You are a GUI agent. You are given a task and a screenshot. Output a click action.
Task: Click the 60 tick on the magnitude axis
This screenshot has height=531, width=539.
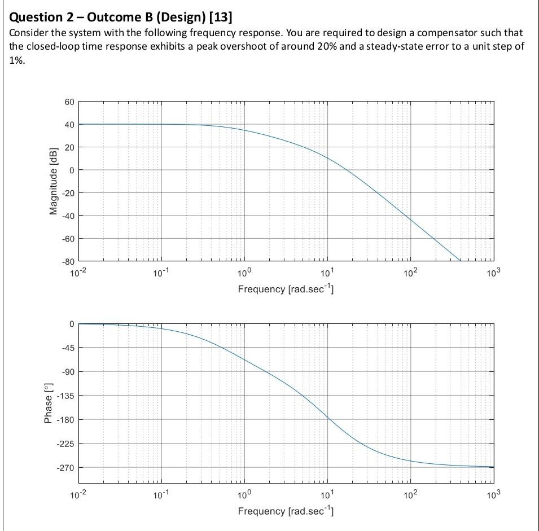(69, 102)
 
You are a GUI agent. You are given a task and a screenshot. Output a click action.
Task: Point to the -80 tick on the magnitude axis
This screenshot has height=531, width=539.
(67, 261)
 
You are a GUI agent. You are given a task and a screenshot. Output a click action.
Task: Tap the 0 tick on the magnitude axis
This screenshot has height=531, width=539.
(71, 170)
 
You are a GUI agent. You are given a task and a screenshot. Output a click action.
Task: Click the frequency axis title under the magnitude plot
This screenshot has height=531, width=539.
(286, 289)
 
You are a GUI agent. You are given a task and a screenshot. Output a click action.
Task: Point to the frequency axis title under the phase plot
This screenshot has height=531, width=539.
(286, 511)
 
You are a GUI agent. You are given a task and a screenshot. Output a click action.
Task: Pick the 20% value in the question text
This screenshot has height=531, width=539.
(327, 46)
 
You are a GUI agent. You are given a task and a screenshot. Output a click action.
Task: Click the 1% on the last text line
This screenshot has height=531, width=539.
(17, 59)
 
